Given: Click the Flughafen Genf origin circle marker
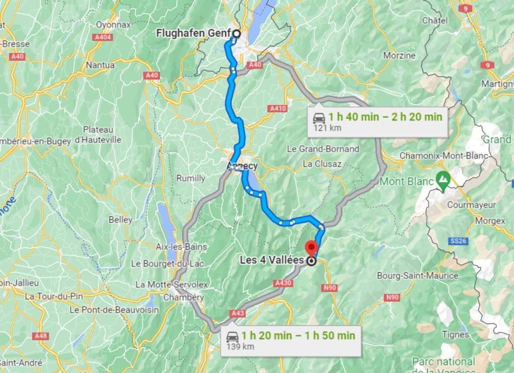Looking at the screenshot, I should click(236, 34).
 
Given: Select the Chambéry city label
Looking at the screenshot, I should click(184, 297).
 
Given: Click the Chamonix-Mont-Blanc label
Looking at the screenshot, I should click(444, 156).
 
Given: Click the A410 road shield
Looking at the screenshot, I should click(277, 109).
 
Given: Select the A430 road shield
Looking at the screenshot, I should click(283, 283).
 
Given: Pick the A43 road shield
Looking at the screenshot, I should click(237, 313).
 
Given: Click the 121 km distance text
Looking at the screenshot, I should click(327, 128).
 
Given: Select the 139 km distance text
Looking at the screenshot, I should click(240, 346).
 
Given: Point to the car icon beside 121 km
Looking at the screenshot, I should click(319, 117).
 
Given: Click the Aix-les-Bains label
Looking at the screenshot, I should click(181, 247).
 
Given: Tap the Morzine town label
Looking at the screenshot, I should click(399, 55).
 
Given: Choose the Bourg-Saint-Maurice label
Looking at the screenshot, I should click(417, 276).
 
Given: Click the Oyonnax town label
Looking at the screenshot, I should click(113, 25).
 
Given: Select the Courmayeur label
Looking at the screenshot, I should click(471, 205).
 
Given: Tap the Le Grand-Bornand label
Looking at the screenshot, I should click(323, 149).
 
